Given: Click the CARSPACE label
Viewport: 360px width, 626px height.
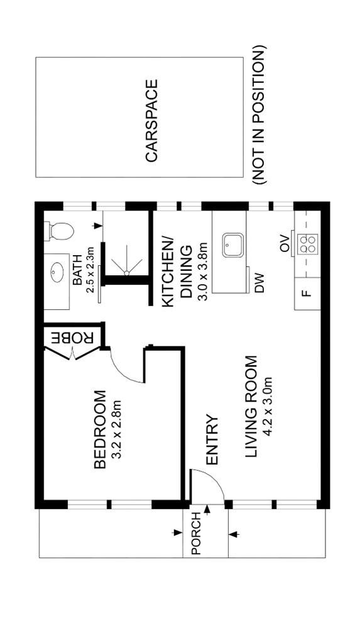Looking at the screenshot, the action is tap(151, 121).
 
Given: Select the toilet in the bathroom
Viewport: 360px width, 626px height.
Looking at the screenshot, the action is tap(60, 231).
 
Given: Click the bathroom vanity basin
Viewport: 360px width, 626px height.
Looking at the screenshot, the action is tap(57, 272).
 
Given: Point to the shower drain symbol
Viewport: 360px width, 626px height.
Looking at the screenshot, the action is tap(126, 273).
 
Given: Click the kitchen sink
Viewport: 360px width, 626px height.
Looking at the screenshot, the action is tap(232, 245).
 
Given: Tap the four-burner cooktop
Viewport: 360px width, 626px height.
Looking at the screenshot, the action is tap(307, 244).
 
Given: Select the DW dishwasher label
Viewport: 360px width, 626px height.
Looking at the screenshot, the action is tap(260, 283).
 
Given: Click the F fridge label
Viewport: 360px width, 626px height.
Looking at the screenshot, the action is tap(307, 294).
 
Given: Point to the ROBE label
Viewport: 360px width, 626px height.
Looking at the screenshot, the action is tap(73, 338).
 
